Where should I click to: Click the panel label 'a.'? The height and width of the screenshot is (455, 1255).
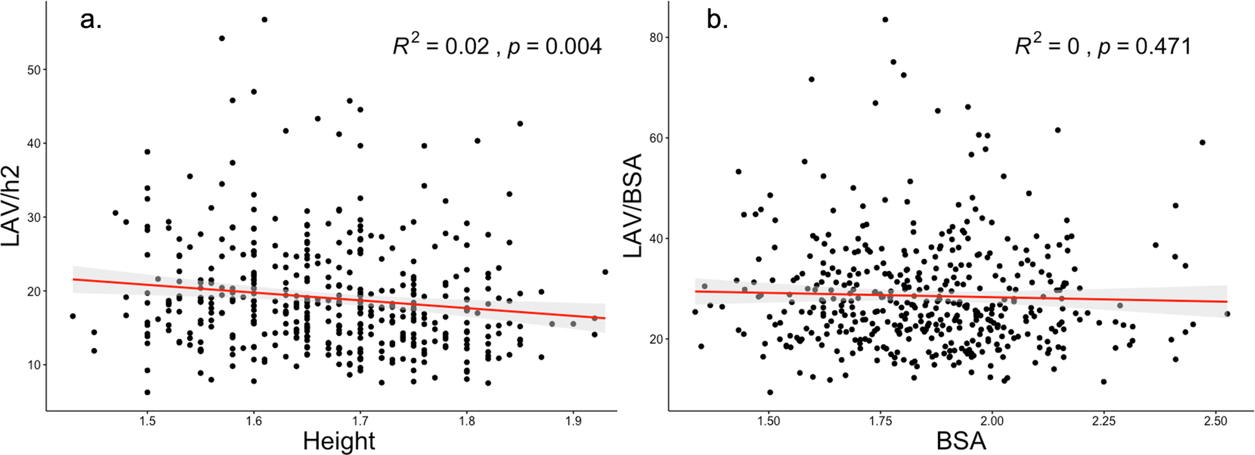(91, 21)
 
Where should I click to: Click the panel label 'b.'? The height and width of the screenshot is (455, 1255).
(717, 21)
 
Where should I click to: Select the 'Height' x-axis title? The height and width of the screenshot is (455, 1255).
(338, 441)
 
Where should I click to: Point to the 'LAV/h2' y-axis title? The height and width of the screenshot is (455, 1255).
(12, 206)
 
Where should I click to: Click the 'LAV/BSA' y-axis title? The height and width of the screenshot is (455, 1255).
(634, 206)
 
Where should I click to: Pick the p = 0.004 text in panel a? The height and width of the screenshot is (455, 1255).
(555, 47)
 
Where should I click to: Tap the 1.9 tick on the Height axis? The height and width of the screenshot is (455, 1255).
(573, 421)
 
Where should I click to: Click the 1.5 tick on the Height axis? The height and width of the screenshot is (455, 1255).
(147, 421)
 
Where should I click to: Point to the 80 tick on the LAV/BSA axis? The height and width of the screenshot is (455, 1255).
(655, 38)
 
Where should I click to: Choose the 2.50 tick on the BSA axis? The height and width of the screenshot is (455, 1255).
(1216, 421)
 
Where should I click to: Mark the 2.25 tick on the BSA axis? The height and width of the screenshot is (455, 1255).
(1104, 421)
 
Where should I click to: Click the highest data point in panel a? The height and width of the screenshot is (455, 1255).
(264, 20)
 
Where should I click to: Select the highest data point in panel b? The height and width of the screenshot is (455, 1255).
(885, 20)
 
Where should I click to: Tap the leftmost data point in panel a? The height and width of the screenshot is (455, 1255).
(72, 316)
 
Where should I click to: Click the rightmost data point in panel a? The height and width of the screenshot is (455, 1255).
(605, 272)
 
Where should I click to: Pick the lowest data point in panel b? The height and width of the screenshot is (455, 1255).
(770, 392)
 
